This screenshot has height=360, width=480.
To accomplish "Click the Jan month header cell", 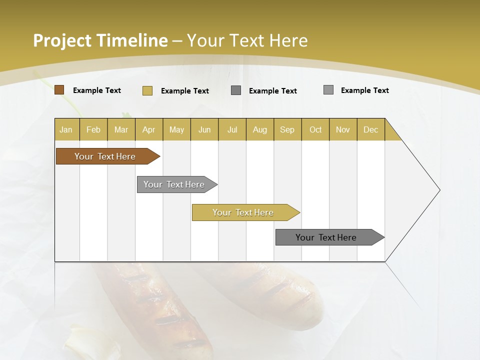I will (x=66, y=129).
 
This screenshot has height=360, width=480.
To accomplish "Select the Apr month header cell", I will (x=148, y=129).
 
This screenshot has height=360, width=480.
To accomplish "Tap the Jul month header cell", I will (x=232, y=129).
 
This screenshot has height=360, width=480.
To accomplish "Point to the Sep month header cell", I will (x=287, y=129).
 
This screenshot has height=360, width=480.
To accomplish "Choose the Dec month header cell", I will (x=370, y=129).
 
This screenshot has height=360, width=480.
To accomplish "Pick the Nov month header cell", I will (x=342, y=129).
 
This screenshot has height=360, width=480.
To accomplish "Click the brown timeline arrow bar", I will (x=105, y=156).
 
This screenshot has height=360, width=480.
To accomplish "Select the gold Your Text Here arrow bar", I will (x=243, y=212).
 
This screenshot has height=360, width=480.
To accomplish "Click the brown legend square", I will (x=59, y=90).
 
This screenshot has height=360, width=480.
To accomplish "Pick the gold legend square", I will (x=147, y=90).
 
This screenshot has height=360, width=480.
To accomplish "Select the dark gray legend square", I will (x=236, y=90).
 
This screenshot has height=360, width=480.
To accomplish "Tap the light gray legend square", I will (x=328, y=90).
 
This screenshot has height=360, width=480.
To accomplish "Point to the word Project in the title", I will (x=62, y=40).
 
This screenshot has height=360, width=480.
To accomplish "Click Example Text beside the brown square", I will (x=97, y=90).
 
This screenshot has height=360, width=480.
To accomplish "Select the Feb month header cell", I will (x=93, y=129).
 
